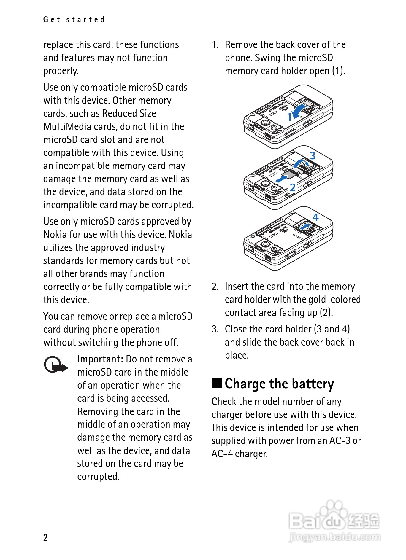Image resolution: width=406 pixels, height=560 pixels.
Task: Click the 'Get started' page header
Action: (74, 20)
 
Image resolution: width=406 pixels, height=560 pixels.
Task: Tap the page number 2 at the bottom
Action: (45, 537)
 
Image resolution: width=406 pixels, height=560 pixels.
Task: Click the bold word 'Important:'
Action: (100, 359)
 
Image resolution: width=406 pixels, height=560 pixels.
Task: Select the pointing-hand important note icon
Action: (55, 365)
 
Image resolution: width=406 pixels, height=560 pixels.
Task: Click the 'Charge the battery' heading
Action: (279, 384)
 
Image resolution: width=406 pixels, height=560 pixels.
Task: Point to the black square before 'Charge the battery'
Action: (217, 383)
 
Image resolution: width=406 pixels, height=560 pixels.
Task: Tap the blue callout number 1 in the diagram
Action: (290, 117)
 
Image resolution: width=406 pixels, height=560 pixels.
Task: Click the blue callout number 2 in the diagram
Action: (293, 187)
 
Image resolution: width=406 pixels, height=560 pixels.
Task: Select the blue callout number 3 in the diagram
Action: (313, 155)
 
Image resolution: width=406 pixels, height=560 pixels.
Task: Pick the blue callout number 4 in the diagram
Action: (315, 217)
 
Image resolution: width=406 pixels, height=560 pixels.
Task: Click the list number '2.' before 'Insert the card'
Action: (215, 287)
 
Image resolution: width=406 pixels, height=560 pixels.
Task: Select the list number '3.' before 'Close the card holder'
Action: (215, 329)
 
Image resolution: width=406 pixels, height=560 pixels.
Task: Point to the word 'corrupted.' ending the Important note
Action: (98, 476)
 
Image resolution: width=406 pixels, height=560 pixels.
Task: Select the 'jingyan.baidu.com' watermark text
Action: (334, 537)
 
